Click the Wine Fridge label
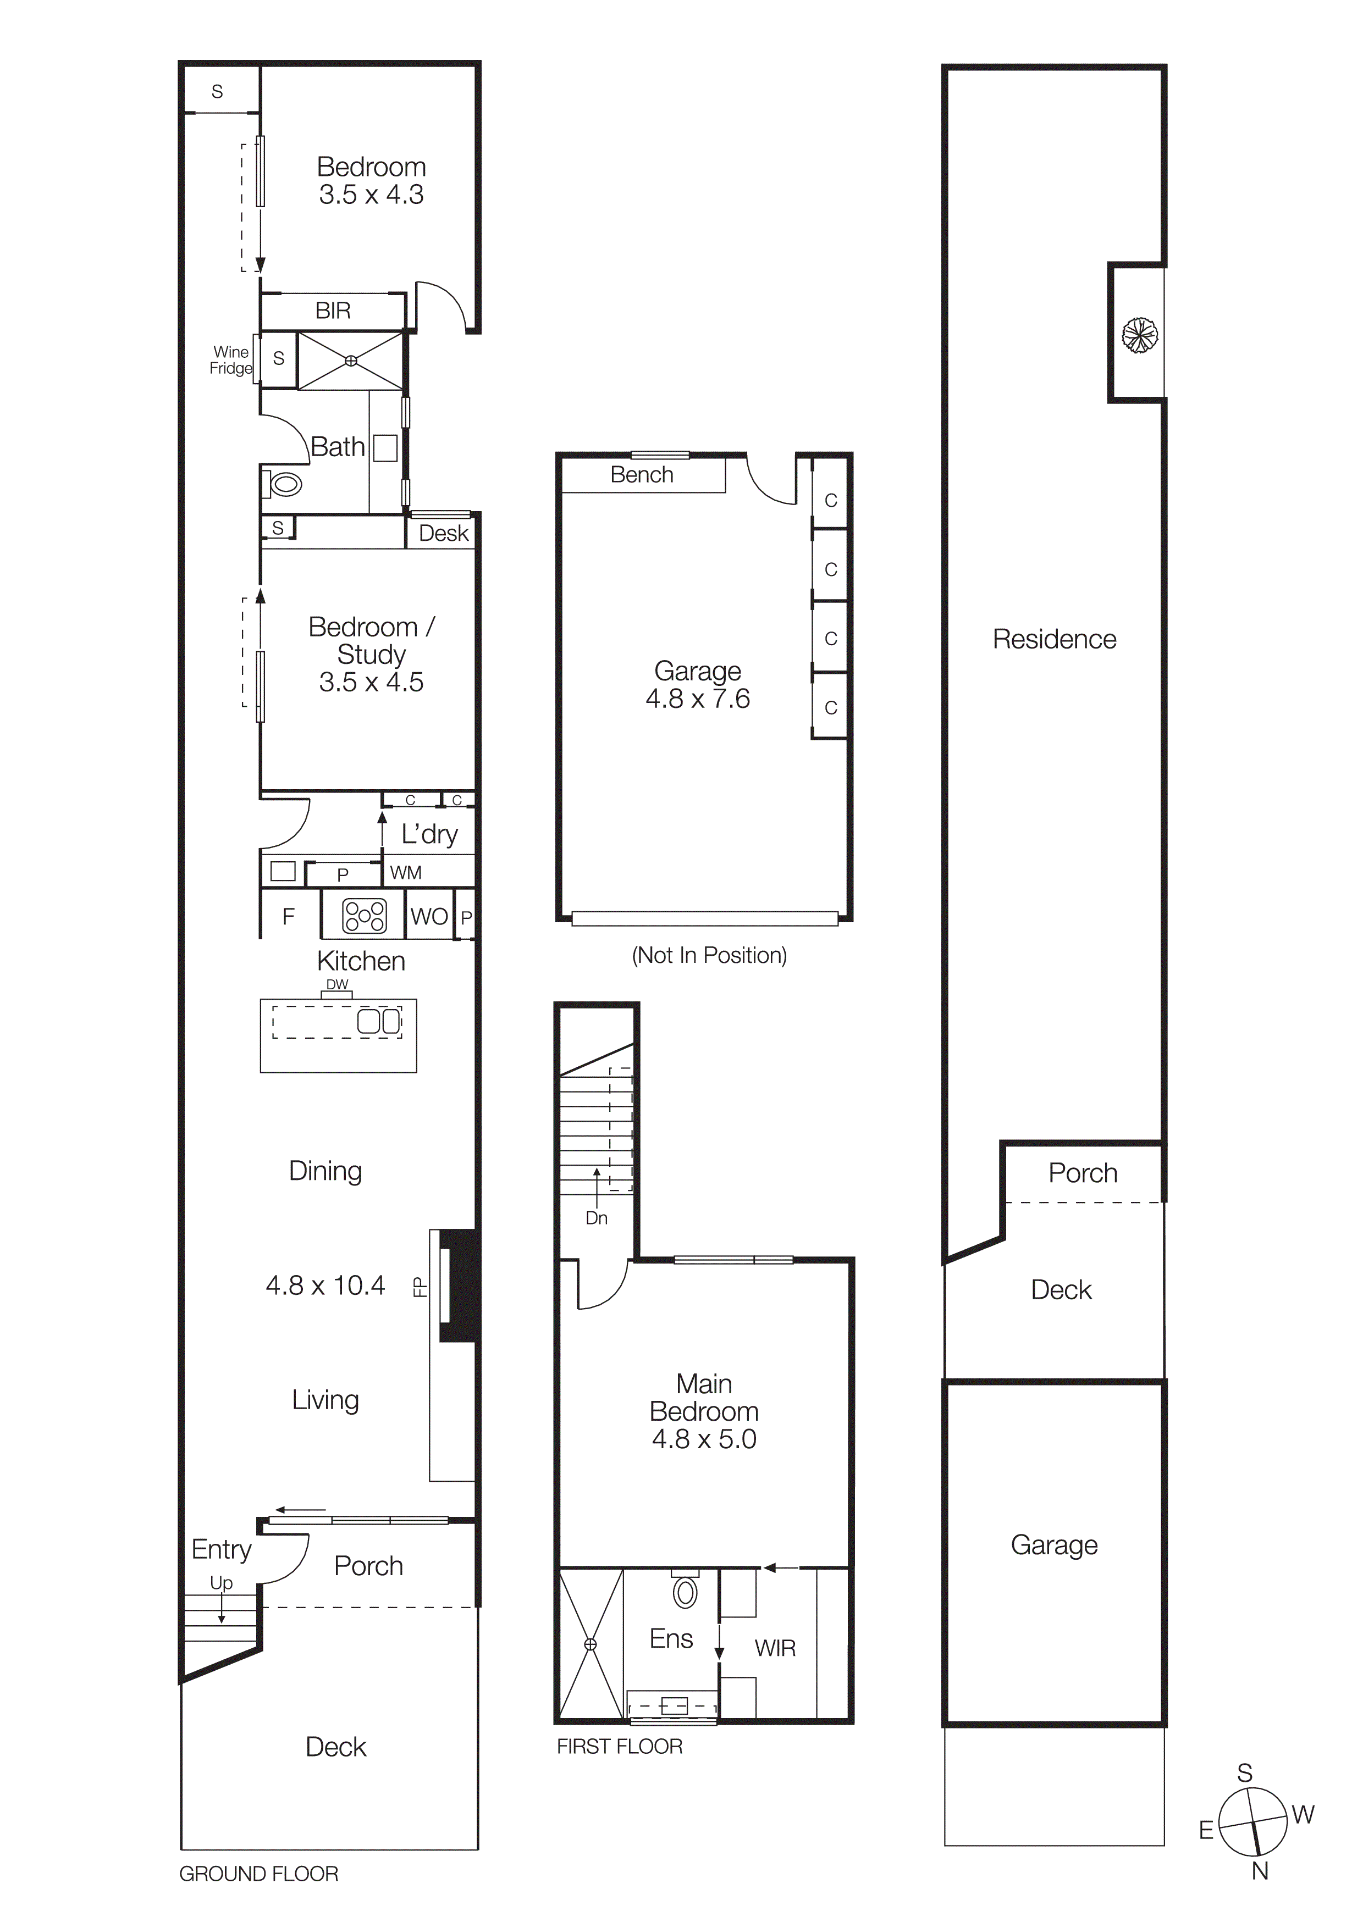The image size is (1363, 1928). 231,360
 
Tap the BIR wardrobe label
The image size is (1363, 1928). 333,312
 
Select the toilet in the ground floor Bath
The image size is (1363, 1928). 285,485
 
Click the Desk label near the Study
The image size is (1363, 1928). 443,534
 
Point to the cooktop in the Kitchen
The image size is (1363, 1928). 365,916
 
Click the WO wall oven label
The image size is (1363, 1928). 429,917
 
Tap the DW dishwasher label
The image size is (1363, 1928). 336,984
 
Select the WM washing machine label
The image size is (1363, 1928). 406,873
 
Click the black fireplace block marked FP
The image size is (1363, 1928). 459,1286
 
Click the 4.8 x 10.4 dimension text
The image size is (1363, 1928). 325,1286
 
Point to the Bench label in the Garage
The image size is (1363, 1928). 642,475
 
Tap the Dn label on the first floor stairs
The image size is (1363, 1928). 596,1218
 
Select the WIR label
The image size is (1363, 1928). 774,1648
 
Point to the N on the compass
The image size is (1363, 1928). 1260,1871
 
